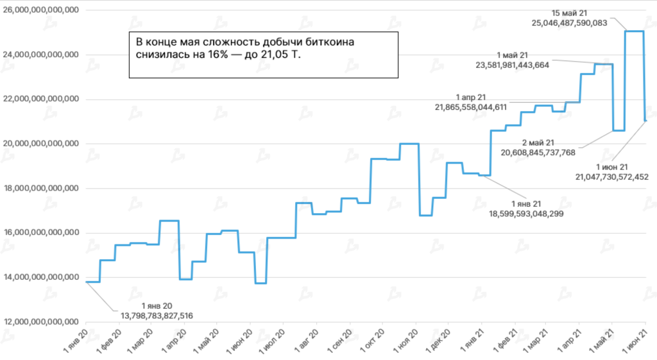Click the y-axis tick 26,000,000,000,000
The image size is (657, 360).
(x=41, y=10)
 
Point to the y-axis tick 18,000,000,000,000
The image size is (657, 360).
(x=41, y=188)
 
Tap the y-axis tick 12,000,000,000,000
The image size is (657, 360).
(x=41, y=321)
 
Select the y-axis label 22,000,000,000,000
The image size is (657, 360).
(x=41, y=99)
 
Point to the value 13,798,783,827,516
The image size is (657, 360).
(x=157, y=315)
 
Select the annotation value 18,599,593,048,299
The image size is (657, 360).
(x=526, y=213)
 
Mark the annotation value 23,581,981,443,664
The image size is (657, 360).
(x=512, y=65)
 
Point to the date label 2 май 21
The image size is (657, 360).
(x=538, y=142)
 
